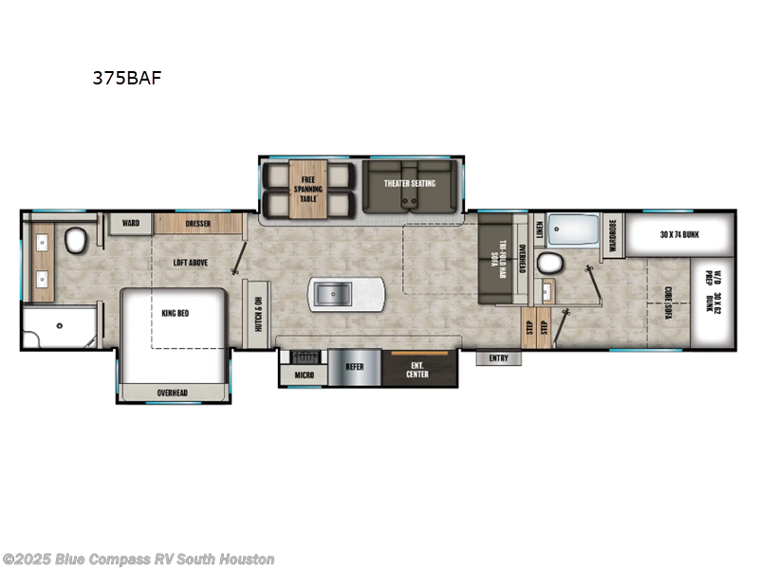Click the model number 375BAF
[x=126, y=79]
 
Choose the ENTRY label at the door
[x=499, y=358]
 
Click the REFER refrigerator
[x=354, y=366]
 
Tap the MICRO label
[x=304, y=376]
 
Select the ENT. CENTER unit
[x=417, y=368]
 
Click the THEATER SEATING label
[x=409, y=183]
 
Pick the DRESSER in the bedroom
[x=197, y=224]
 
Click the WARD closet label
[x=131, y=224]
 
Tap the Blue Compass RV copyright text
[x=139, y=560]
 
